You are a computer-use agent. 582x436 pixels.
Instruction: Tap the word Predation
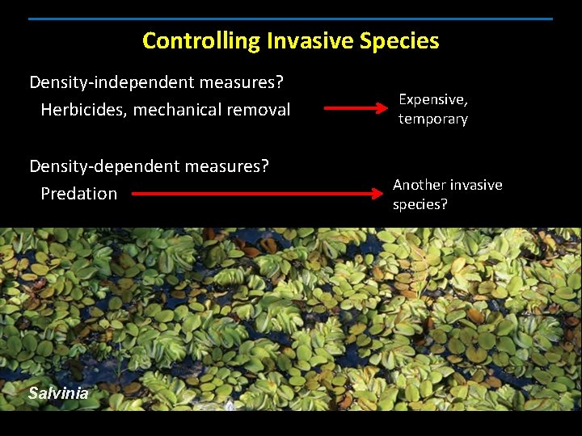[x=79, y=194]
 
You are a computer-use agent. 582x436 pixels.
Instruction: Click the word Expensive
[x=433, y=99]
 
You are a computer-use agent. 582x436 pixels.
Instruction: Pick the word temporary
[x=433, y=119]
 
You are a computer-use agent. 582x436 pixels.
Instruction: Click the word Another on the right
[x=420, y=185]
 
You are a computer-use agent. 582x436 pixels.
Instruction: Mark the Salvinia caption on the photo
[x=58, y=393]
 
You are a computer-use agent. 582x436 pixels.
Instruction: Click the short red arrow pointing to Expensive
[x=356, y=107]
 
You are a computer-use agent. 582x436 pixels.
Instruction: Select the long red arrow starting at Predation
[x=255, y=194]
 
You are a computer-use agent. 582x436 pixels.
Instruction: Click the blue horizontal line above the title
[x=291, y=19]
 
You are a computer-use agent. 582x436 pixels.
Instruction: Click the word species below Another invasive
[x=420, y=204]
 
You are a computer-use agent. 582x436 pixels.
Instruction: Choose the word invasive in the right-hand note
[x=477, y=185]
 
